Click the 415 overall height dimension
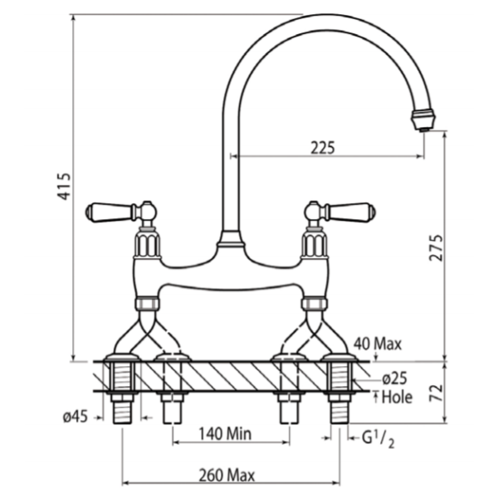(x=64, y=187)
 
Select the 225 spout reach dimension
(x=323, y=148)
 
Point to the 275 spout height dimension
(x=436, y=248)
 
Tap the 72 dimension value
(x=436, y=393)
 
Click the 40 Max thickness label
(x=378, y=344)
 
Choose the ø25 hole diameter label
(x=395, y=378)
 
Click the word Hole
(x=397, y=397)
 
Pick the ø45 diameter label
(x=76, y=417)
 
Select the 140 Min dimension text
(x=225, y=433)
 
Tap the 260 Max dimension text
(x=227, y=476)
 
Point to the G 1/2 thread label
(x=378, y=441)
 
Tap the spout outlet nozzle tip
(x=422, y=120)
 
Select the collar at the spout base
(x=231, y=240)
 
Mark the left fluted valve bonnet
(x=147, y=244)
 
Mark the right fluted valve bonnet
(x=314, y=244)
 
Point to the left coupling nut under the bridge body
(x=147, y=303)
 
